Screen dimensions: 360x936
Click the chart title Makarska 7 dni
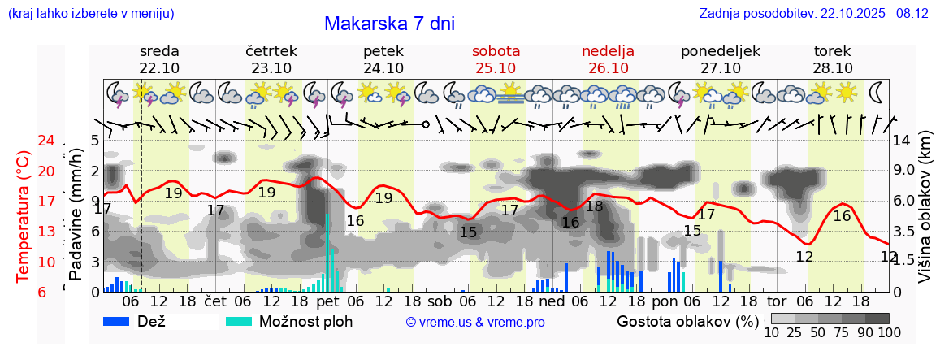point(389,24)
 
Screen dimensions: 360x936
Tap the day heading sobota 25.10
point(496,59)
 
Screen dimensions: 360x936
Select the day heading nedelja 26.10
point(608,59)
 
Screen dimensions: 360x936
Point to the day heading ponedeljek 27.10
point(720,59)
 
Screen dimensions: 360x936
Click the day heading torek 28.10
point(833,59)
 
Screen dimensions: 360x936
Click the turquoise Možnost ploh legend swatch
point(239,321)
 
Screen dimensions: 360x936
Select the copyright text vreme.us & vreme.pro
point(474,323)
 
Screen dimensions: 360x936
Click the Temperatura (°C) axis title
point(23,216)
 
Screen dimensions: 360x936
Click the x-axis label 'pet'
point(328,300)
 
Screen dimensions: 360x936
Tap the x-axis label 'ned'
point(552,300)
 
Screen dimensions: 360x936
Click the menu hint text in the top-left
point(89,14)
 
